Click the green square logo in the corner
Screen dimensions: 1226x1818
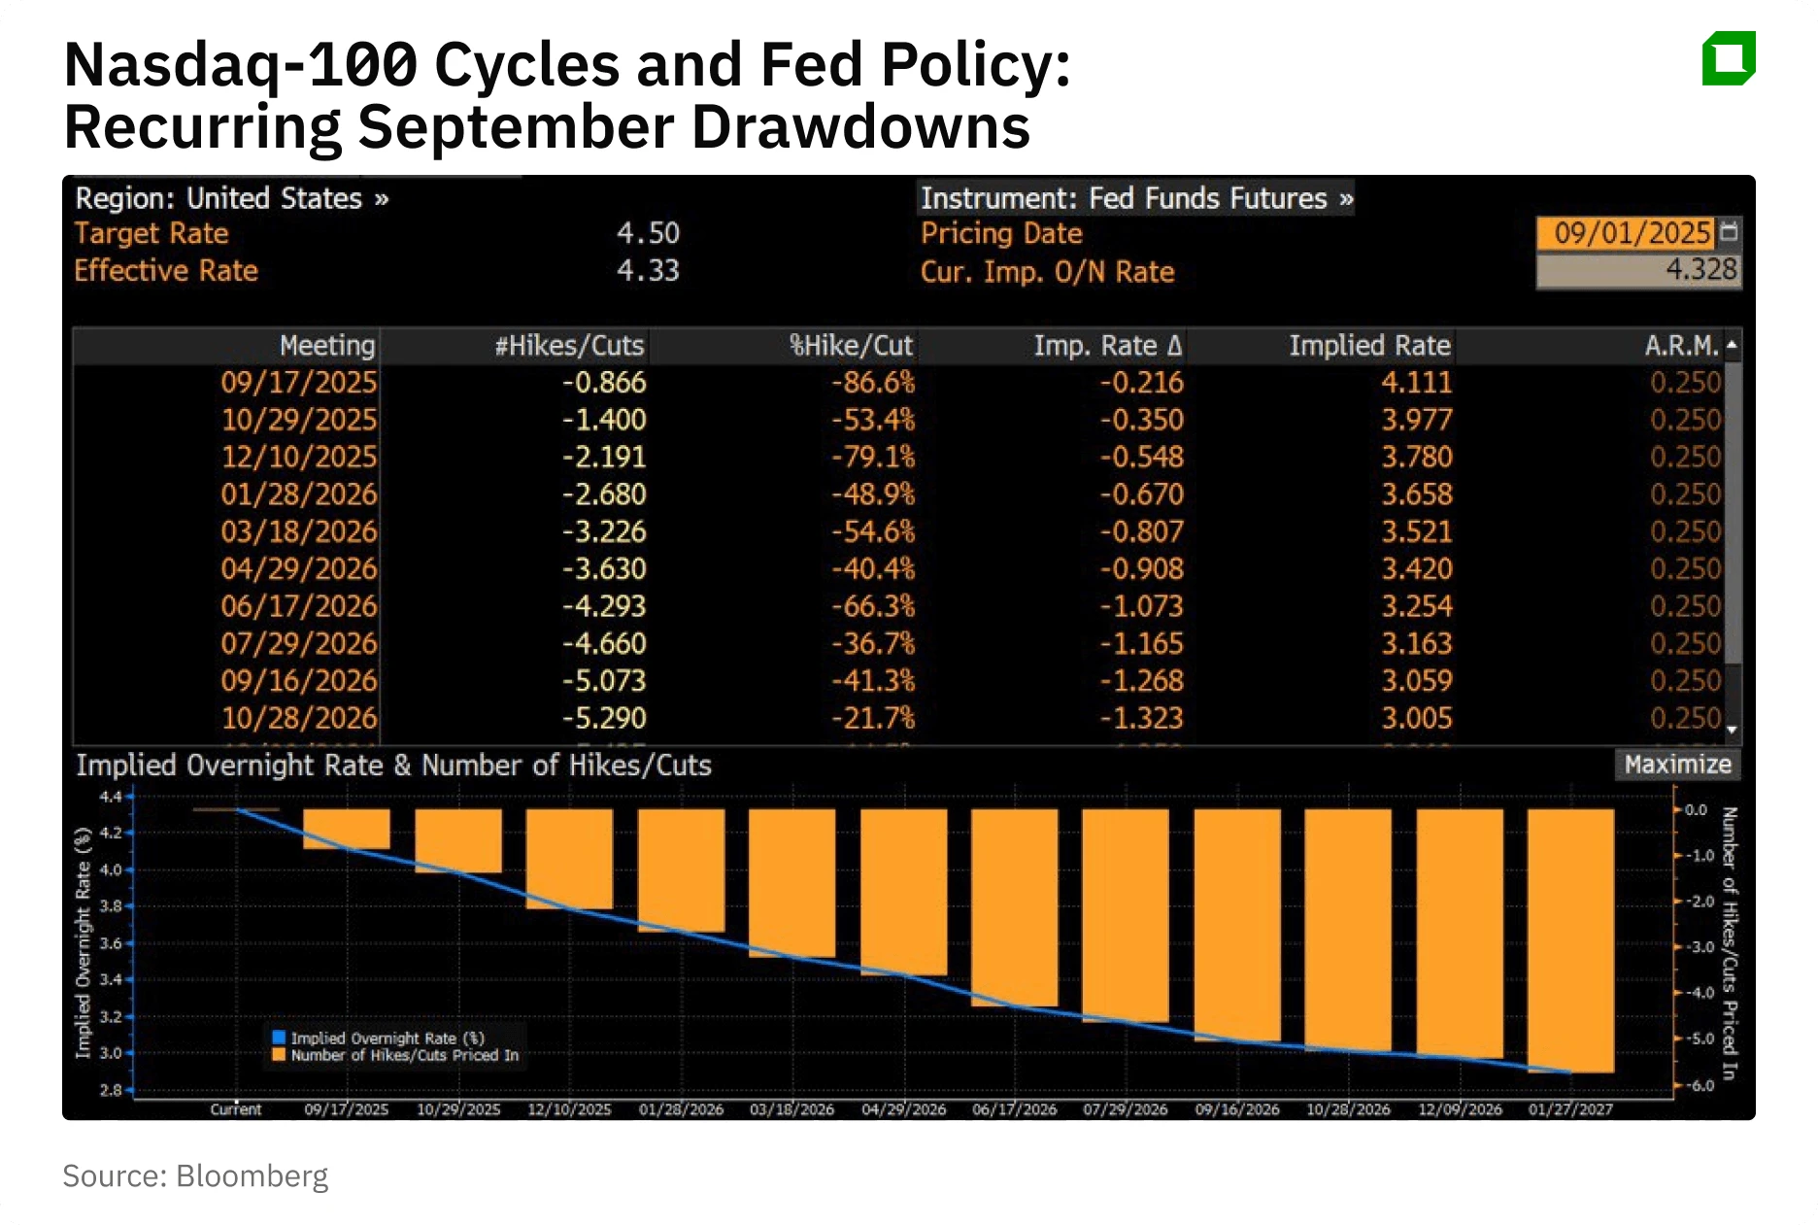tap(1729, 58)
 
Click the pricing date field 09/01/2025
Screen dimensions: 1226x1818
tap(1631, 233)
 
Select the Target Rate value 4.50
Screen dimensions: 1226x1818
tap(648, 233)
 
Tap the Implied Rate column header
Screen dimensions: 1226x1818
tap(1368, 346)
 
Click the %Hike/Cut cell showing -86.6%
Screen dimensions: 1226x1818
tap(872, 383)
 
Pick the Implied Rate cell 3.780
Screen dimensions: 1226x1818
tap(1416, 457)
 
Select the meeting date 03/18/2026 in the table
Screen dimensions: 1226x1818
tap(298, 531)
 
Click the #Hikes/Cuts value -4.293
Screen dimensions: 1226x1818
tap(603, 606)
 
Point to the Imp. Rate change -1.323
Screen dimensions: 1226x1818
tap(1141, 718)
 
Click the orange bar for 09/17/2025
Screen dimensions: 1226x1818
tap(347, 829)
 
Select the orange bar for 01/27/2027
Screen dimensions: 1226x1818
tap(1570, 940)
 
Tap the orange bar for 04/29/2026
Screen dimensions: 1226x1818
tap(903, 892)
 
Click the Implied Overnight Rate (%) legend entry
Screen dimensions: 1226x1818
tap(386, 1038)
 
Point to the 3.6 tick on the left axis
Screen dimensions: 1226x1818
tap(111, 943)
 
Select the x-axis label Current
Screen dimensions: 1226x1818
tap(236, 1109)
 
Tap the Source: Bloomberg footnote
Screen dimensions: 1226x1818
tap(195, 1175)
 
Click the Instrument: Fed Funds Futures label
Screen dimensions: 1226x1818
tap(1135, 198)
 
